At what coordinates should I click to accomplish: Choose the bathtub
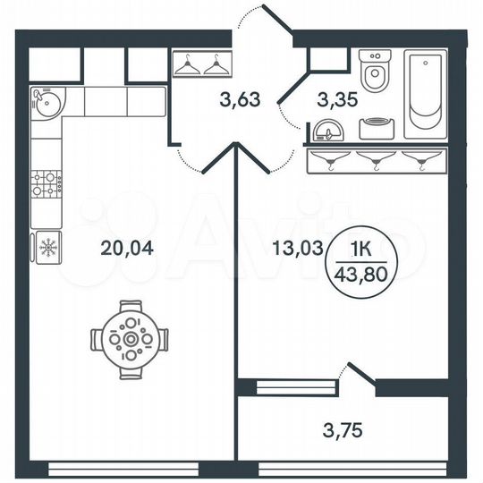click(428, 95)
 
